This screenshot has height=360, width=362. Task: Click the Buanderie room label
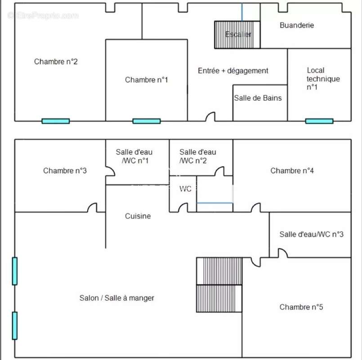click(x=297, y=25)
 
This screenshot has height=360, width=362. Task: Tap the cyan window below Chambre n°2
click(x=56, y=121)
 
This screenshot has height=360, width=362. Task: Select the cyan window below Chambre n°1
click(x=147, y=121)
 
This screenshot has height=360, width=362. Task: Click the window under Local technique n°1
click(x=319, y=121)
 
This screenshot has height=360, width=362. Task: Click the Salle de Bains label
click(x=258, y=98)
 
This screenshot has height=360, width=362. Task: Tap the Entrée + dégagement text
click(x=233, y=71)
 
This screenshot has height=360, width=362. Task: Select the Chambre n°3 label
click(x=65, y=171)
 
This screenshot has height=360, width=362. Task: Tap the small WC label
click(x=185, y=189)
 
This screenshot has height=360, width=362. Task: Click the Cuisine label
click(x=138, y=216)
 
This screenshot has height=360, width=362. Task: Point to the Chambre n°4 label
click(x=292, y=171)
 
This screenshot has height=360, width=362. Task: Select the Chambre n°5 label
click(x=301, y=307)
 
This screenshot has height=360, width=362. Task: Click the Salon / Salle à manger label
click(x=117, y=298)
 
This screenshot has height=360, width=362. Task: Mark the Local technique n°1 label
click(x=323, y=79)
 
